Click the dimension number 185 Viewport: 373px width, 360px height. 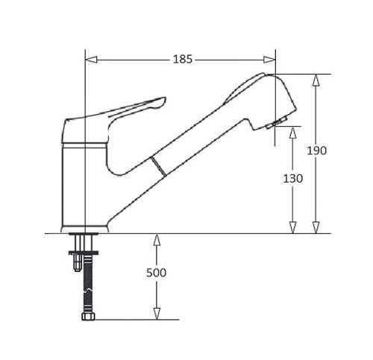(183, 60)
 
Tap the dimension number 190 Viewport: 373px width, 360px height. (316, 151)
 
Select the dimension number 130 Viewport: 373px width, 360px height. (293, 178)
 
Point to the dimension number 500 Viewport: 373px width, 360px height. (156, 273)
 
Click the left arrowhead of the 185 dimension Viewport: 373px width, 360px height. (91, 60)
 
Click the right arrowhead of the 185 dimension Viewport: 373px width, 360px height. (269, 60)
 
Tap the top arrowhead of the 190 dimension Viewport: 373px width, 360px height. (316, 80)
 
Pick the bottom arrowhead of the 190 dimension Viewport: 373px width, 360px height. (316, 227)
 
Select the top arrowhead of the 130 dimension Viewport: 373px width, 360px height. (293, 133)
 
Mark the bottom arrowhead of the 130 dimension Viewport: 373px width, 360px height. (293, 227)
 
